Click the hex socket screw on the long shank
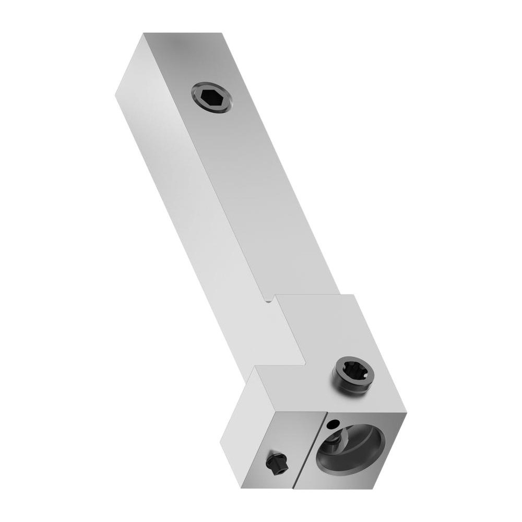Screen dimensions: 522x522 coord(212,97)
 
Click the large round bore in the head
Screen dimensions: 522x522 coord(351,447)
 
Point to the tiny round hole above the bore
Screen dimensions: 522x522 coord(336,422)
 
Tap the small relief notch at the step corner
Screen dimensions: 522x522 coord(269,300)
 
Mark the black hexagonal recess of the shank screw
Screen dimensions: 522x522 coord(212,97)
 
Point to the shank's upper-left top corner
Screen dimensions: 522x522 coord(145,33)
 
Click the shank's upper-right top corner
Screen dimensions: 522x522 coord(223,33)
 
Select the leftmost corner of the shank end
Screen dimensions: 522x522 coord(115,94)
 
